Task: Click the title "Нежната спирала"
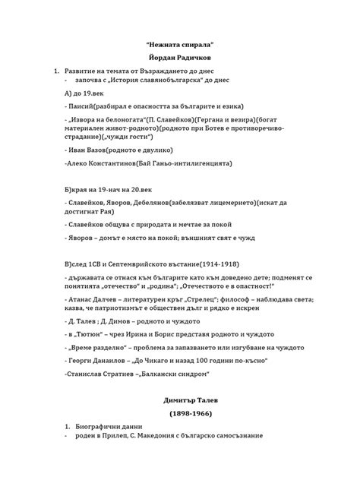pos(180,45)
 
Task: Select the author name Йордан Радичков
pos(180,58)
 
